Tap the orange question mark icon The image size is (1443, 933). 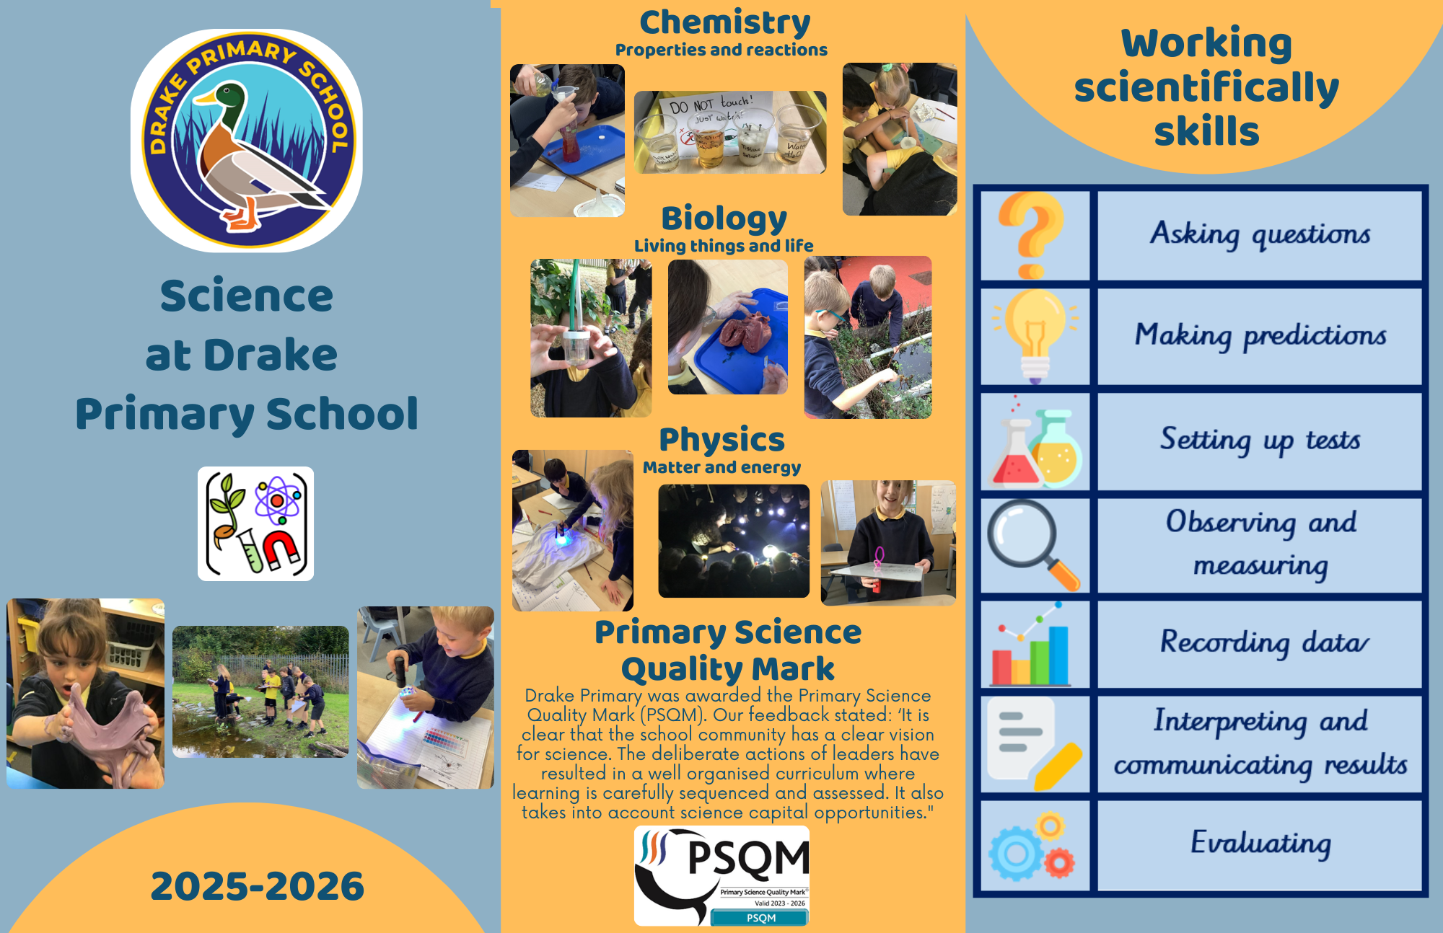click(x=1031, y=235)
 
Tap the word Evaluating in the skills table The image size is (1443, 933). click(x=1260, y=843)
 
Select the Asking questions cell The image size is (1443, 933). click(x=1260, y=235)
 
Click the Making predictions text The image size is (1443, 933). click(x=1260, y=335)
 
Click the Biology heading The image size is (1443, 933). click(x=724, y=218)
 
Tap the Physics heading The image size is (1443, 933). click(x=721, y=440)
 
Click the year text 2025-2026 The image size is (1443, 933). click(x=258, y=886)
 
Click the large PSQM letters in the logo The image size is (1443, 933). click(x=748, y=857)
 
